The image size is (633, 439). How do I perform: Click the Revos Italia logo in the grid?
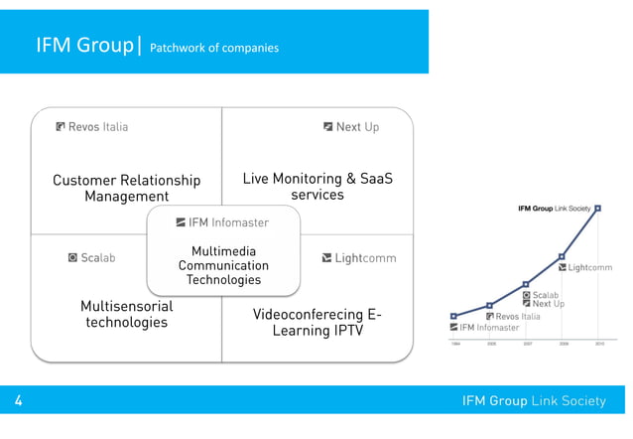click(x=92, y=127)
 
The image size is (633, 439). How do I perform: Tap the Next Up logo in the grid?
click(x=351, y=127)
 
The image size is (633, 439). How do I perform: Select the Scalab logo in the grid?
click(x=91, y=258)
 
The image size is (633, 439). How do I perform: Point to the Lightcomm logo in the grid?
click(x=358, y=259)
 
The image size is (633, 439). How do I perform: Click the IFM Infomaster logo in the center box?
click(x=222, y=222)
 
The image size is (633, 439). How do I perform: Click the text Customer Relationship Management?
click(x=126, y=189)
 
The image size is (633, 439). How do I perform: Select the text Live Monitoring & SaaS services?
click(x=317, y=187)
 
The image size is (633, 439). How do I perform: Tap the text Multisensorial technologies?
click(x=126, y=315)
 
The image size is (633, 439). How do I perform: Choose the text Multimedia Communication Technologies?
click(x=222, y=266)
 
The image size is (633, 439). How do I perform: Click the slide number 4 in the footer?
click(x=19, y=401)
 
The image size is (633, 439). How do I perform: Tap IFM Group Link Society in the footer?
click(x=534, y=401)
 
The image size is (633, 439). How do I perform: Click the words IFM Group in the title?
click(x=79, y=47)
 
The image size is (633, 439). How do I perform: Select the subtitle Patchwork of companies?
click(x=214, y=48)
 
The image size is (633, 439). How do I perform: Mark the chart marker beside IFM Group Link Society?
click(x=597, y=209)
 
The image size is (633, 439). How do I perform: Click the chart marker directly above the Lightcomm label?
click(x=563, y=256)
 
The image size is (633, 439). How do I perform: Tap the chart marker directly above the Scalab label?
click(x=526, y=285)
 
